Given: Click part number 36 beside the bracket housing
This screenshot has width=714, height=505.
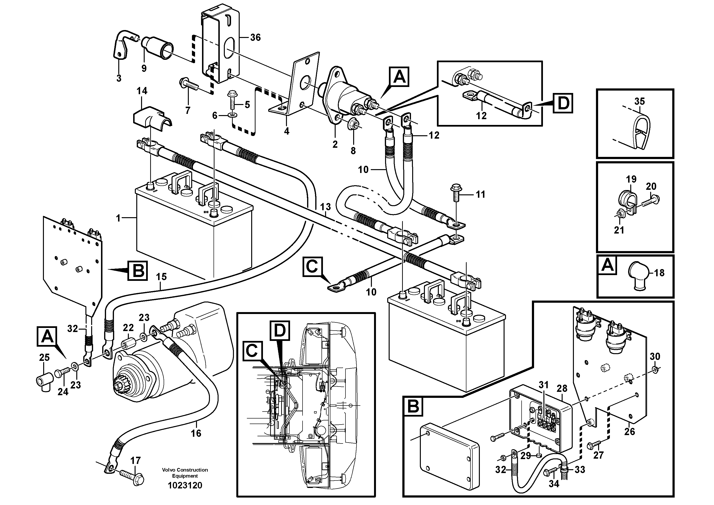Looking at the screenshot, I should coord(255,38).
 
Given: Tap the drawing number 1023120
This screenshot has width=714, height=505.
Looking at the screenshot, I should coord(185,485).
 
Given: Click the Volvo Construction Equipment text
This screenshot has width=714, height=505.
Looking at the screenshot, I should coord(185,473).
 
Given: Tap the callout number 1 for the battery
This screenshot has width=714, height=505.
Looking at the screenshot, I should coord(118,218).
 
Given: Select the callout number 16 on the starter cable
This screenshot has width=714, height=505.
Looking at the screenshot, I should coord(196,433).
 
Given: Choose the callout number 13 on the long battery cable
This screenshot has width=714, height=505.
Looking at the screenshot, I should coord(325,207).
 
